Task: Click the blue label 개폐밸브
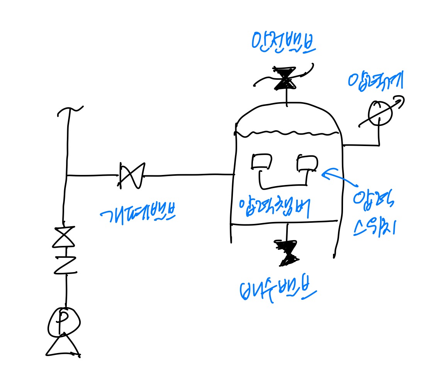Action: [x=137, y=213]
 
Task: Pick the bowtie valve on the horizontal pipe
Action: [x=132, y=176]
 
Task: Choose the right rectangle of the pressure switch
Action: [x=307, y=163]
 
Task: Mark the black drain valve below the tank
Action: [x=287, y=253]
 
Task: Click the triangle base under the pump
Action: [x=63, y=346]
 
